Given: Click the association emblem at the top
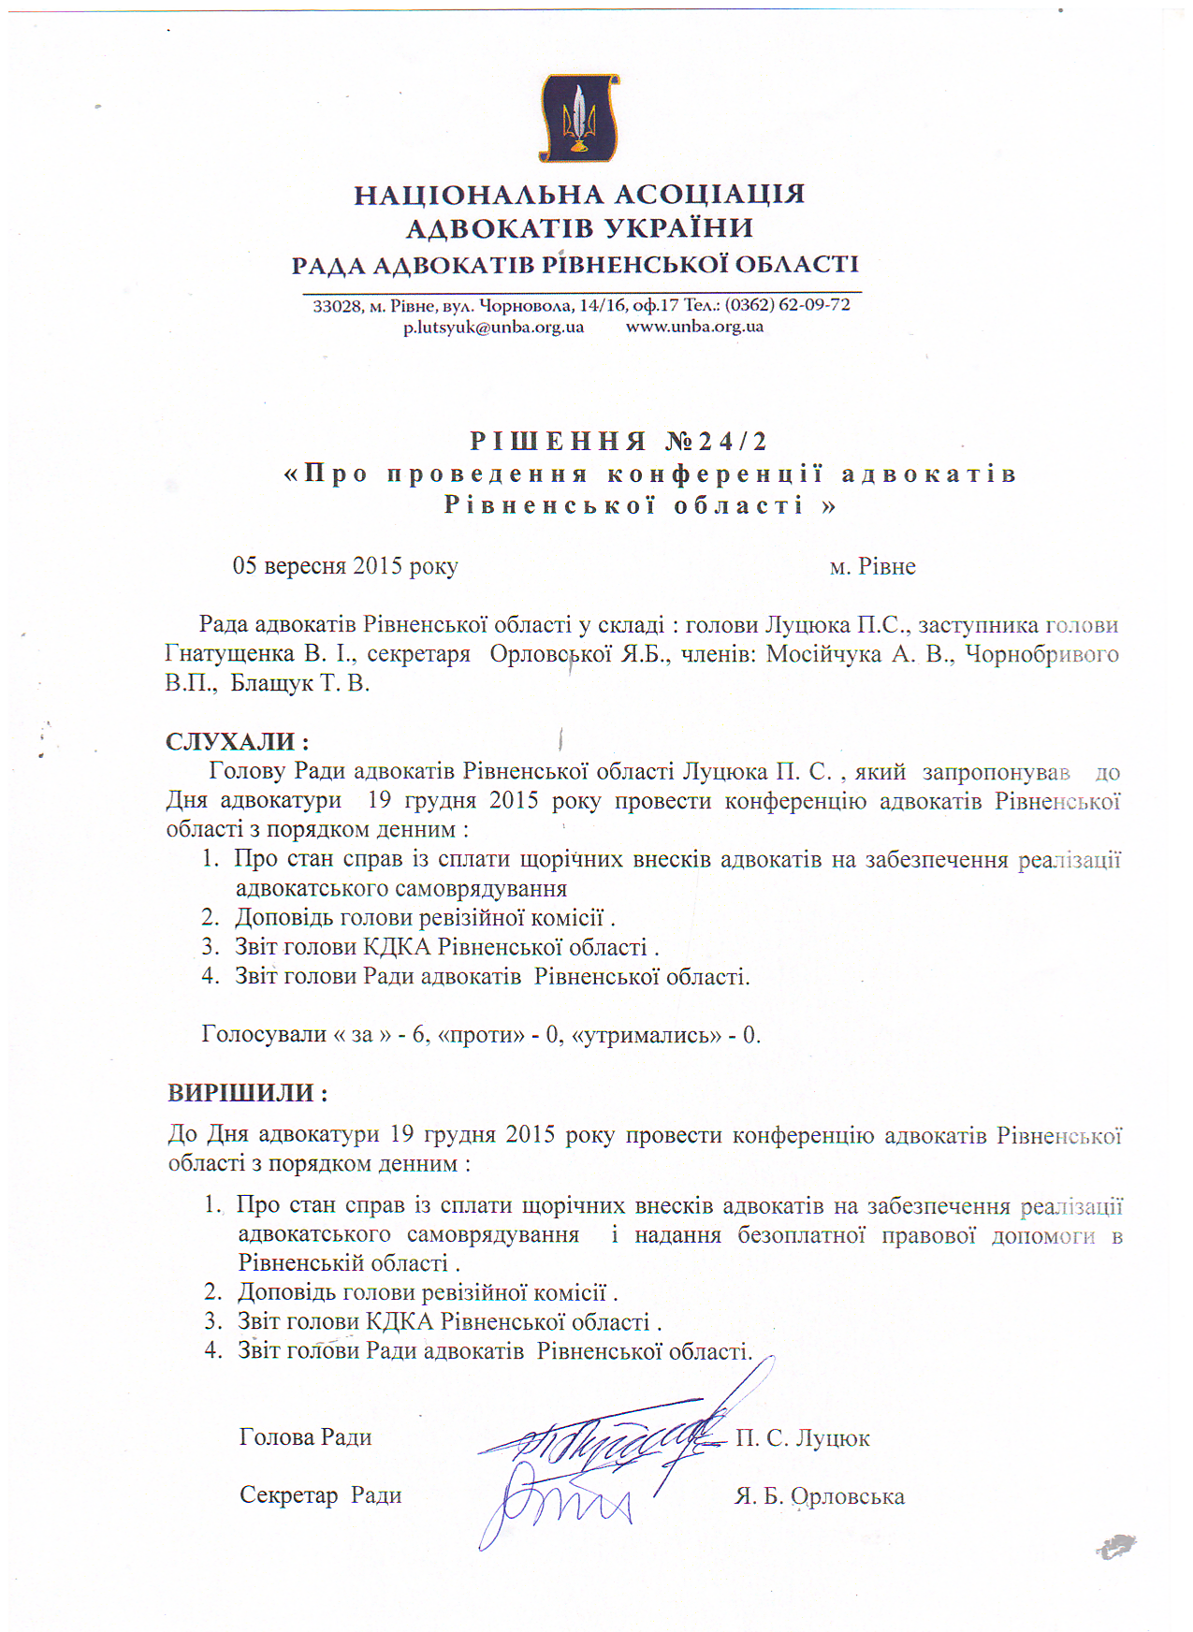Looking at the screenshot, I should pyautogui.click(x=579, y=118).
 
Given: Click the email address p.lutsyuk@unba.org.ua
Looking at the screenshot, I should pyautogui.click(x=493, y=328).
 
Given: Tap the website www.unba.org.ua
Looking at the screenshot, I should pyautogui.click(x=694, y=328).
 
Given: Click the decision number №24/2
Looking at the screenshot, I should pyautogui.click(x=717, y=441).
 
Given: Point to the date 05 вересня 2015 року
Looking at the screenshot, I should pyautogui.click(x=345, y=566).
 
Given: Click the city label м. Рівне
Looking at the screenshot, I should pyautogui.click(x=872, y=566).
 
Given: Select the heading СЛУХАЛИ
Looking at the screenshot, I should pyautogui.click(x=237, y=742).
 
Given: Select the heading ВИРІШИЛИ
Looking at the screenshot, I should pyautogui.click(x=247, y=1093).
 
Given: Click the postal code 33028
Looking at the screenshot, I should pyautogui.click(x=337, y=306).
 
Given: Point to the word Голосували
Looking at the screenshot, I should pyautogui.click(x=264, y=1034).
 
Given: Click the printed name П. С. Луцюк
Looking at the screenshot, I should pyautogui.click(x=803, y=1438).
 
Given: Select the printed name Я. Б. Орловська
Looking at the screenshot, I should pyautogui.click(x=820, y=1496).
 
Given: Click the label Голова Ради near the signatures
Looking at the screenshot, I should pyautogui.click(x=305, y=1437).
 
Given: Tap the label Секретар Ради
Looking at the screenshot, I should pyautogui.click(x=320, y=1495).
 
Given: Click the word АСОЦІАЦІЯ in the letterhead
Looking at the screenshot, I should pyautogui.click(x=710, y=195).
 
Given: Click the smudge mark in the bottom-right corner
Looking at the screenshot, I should pyautogui.click(x=1116, y=1545).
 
